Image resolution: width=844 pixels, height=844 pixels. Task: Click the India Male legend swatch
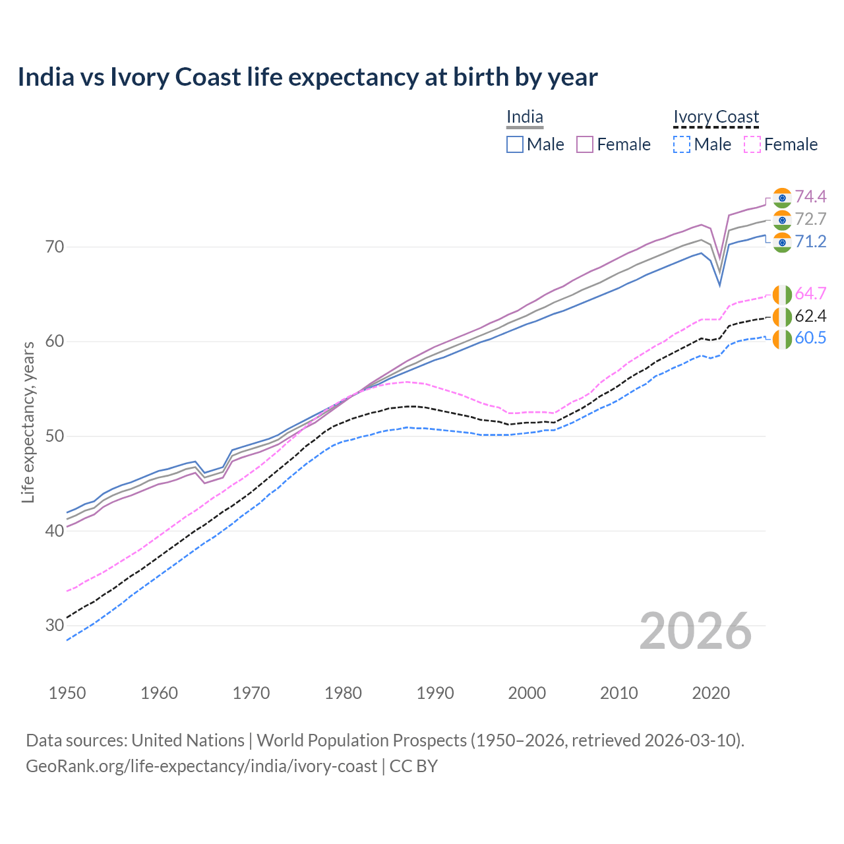515,144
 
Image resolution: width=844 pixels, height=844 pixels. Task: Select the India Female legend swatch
585,144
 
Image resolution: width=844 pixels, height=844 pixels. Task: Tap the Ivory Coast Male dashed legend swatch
682,144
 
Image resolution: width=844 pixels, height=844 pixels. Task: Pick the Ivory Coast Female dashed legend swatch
752,144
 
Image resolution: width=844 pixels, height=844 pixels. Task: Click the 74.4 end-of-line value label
810,196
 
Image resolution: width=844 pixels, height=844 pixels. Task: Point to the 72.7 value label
810,219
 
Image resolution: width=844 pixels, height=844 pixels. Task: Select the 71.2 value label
810,241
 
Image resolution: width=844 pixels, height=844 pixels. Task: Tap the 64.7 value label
810,293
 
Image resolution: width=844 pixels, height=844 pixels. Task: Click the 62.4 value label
810,316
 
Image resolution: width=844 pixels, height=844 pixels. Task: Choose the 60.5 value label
810,338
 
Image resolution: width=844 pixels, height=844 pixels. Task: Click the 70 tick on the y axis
55,247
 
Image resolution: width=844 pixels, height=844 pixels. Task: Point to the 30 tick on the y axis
55,625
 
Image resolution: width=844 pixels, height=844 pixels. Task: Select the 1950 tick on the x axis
67,693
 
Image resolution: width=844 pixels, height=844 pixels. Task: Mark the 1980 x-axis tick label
343,693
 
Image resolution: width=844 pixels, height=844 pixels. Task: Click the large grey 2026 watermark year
696,631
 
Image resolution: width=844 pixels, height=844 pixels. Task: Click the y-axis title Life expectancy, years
28,422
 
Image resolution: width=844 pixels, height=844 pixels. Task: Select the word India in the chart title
45,77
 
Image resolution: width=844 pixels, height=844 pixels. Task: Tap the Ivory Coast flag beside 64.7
781,294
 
